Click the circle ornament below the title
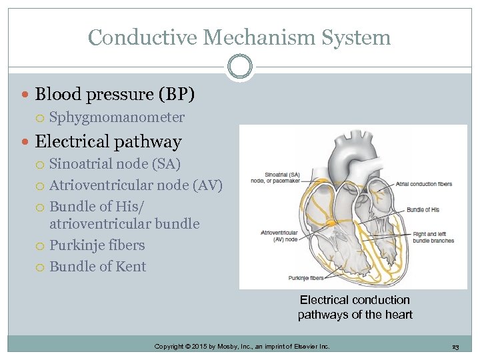click(240, 66)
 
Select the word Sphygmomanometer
click(117, 117)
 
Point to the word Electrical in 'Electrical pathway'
click(73, 141)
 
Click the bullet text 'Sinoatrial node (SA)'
click(115, 163)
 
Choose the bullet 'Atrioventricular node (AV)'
click(136, 185)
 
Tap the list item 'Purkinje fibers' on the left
click(97, 245)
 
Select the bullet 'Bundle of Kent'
click(97, 266)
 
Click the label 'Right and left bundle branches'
click(433, 237)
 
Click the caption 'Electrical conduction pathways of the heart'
click(355, 307)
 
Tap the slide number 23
click(455, 347)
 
